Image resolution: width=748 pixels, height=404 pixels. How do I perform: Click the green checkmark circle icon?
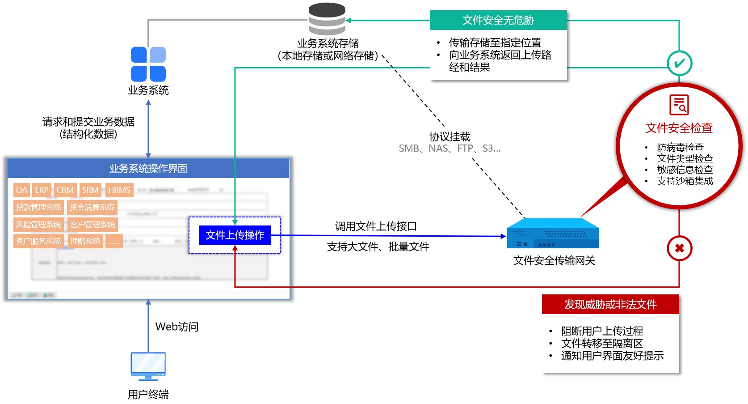tap(679, 64)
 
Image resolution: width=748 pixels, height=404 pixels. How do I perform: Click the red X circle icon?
tap(679, 248)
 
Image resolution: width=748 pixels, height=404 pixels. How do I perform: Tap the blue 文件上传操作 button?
tap(235, 235)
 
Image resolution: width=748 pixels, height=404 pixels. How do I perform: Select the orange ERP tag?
tap(42, 190)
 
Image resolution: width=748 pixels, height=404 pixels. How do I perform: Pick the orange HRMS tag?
tap(119, 190)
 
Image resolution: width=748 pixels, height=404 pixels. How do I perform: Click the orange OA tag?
tap(21, 190)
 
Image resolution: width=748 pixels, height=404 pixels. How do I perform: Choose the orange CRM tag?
tap(65, 190)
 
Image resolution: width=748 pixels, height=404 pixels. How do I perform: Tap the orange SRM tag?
tap(90, 190)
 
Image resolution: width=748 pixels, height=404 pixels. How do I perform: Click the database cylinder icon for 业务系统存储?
tap(327, 19)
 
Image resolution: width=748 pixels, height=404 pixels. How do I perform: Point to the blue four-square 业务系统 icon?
tap(148, 64)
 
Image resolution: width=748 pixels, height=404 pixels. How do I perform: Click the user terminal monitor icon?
tap(148, 366)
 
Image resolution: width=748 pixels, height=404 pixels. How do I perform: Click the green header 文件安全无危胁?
tap(498, 20)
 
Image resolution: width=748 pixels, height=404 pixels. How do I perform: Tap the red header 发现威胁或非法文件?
tap(610, 305)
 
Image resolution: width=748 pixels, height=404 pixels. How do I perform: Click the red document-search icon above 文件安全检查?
tap(679, 105)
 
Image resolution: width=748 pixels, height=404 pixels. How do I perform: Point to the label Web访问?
tap(177, 327)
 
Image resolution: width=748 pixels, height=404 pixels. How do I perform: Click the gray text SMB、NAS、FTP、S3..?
tap(450, 149)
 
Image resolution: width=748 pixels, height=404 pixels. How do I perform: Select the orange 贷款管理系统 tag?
tap(38, 207)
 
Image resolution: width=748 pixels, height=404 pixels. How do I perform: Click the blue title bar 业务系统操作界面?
tap(148, 169)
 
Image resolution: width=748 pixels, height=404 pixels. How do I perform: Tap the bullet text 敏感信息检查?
tap(685, 170)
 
